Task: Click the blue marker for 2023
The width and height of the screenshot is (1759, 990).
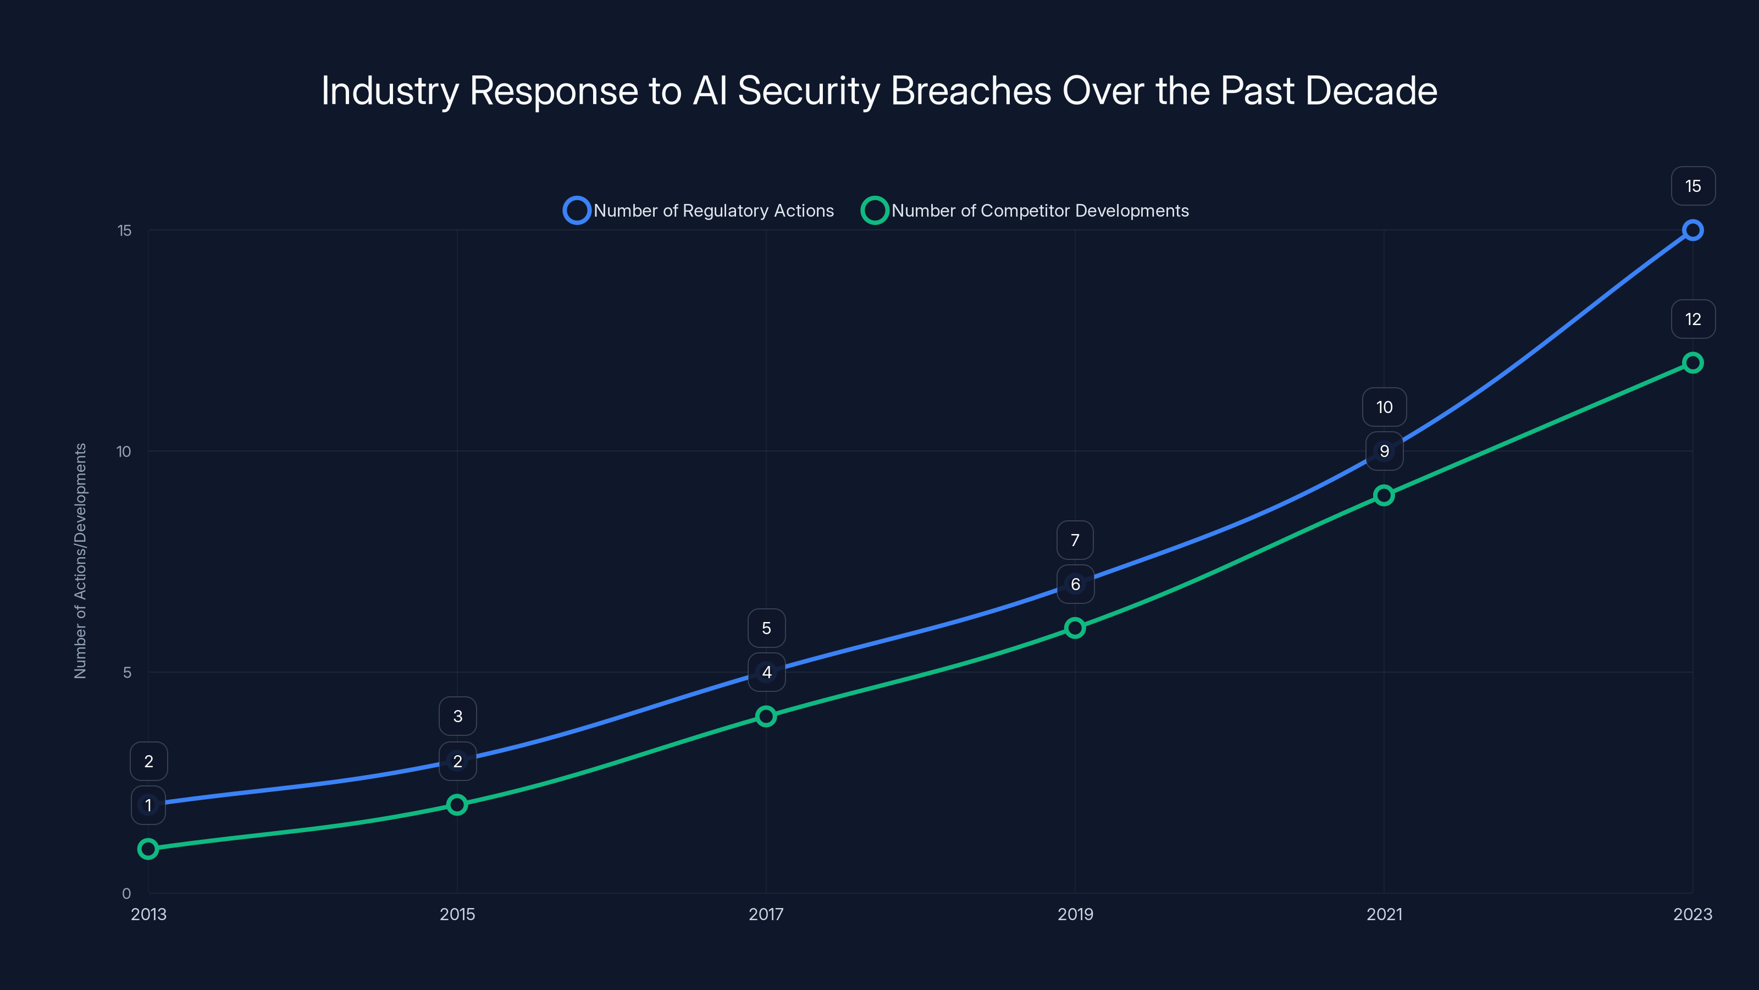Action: pos(1692,230)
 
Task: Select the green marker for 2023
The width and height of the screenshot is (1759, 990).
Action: pos(1692,363)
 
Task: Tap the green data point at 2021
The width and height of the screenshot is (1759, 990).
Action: pos(1384,496)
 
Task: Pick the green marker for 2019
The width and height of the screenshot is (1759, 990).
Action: pos(1075,628)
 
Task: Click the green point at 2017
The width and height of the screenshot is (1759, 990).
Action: pos(766,716)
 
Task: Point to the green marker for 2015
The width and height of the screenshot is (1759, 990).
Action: pos(457,805)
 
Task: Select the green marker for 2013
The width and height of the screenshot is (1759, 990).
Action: pos(148,849)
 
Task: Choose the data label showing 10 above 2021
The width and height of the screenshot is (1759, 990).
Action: pos(1384,407)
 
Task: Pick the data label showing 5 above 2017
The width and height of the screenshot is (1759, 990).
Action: pos(766,628)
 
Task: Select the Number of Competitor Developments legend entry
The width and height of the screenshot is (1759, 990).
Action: pos(1025,211)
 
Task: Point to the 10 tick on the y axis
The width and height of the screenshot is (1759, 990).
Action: pos(124,452)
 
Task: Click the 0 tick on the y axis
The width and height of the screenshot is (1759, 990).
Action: pos(126,894)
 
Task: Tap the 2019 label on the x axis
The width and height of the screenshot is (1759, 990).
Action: pos(1075,914)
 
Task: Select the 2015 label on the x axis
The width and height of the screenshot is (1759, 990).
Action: pos(457,914)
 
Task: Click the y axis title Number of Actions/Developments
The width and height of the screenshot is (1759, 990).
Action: pos(81,560)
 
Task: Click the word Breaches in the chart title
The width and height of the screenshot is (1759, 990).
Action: pos(971,91)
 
